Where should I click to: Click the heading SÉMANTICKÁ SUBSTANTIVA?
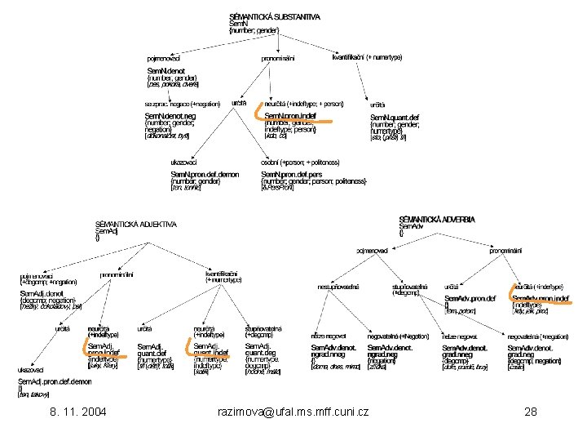[x=275, y=16]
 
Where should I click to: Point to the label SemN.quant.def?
[x=395, y=117]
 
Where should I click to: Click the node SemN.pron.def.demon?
[x=205, y=174]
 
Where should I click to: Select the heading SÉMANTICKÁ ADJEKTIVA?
[x=136, y=225]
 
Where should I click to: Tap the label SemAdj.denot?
[x=42, y=292]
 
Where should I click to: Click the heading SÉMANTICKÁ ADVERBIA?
[x=437, y=220]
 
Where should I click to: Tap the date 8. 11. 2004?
[x=77, y=412]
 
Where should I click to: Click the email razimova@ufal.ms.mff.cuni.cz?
[x=293, y=412]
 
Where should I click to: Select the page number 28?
[x=531, y=412]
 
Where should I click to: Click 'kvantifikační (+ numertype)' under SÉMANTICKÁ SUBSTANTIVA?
[x=367, y=57]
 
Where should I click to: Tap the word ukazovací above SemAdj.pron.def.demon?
[x=33, y=369]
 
